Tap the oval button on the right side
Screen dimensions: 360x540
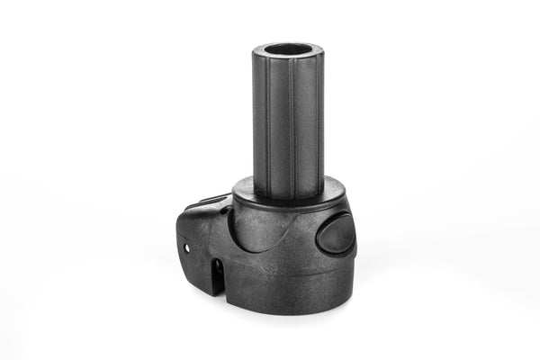tap(336, 235)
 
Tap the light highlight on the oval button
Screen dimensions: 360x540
tap(329, 230)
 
